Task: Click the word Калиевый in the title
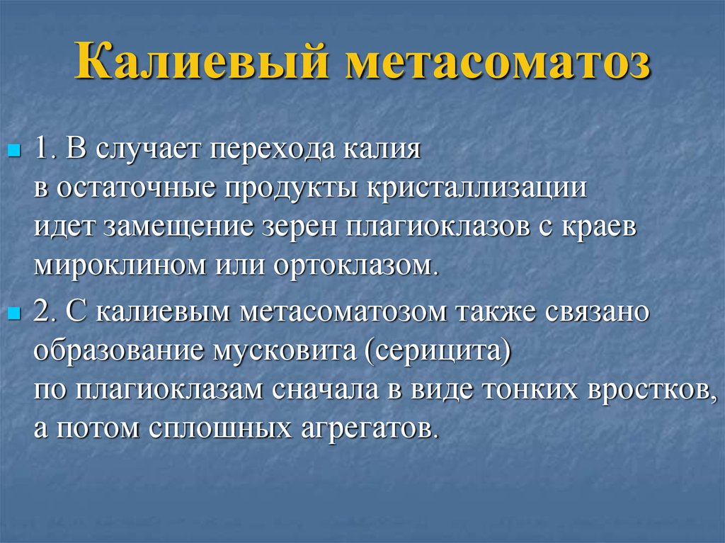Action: (205, 61)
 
